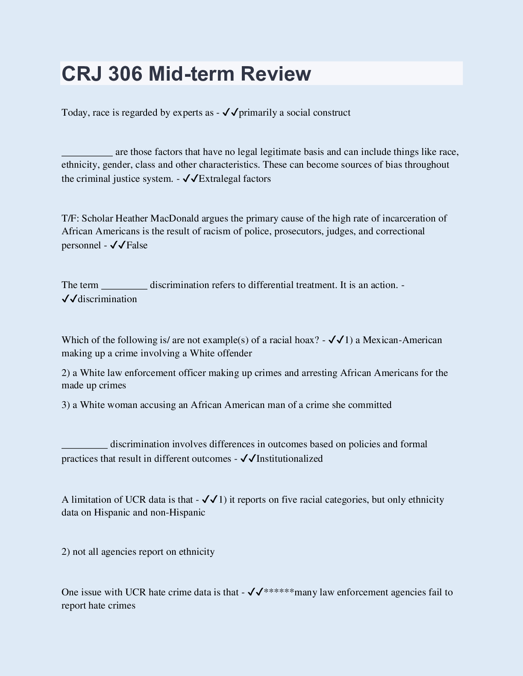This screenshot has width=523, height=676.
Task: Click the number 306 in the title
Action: click(x=125, y=73)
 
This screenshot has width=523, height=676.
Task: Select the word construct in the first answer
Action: click(x=332, y=113)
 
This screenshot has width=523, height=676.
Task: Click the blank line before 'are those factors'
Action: click(x=87, y=154)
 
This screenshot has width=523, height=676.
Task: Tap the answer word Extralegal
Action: click(x=220, y=179)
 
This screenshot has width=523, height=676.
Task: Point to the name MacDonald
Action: click(x=175, y=219)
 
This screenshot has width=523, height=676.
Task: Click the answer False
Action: click(x=137, y=245)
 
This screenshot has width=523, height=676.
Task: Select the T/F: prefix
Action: click(x=70, y=219)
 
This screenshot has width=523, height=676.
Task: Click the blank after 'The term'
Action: click(x=124, y=288)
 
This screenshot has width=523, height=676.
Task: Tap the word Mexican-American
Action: click(x=402, y=340)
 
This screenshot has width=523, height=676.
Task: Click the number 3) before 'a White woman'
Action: click(x=65, y=405)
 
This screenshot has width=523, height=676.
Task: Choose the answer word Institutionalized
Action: click(x=289, y=459)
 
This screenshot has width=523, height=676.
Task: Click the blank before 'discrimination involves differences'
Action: click(x=85, y=447)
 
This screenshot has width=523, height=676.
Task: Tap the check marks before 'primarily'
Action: click(x=230, y=113)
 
